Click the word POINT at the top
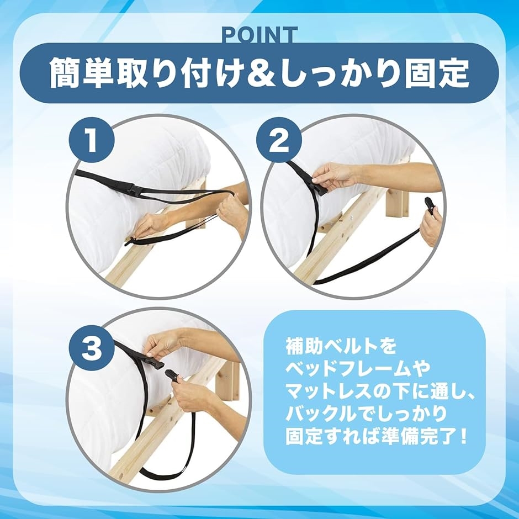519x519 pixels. point(259,35)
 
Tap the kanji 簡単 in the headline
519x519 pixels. point(79,72)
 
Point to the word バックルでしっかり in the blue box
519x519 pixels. point(366,414)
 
